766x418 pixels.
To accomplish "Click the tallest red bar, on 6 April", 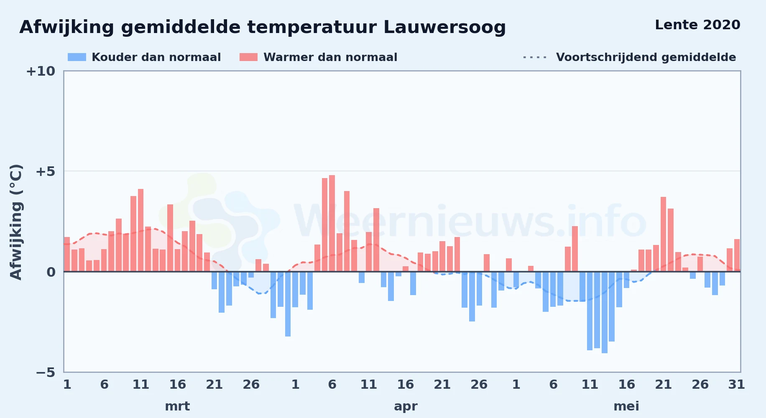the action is [x=332, y=223].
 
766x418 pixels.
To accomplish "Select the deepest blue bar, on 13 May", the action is [x=605, y=312].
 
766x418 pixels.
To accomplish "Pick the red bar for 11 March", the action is [x=140, y=230].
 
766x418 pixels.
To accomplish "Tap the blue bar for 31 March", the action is [x=288, y=304].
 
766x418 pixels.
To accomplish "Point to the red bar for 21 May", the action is [x=663, y=234].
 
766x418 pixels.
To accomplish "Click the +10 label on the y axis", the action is [x=41, y=71].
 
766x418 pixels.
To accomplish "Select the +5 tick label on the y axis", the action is [x=46, y=171].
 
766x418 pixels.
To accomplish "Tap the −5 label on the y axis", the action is [x=46, y=372].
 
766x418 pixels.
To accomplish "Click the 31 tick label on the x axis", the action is [x=736, y=384].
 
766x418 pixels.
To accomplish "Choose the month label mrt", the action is [x=177, y=406].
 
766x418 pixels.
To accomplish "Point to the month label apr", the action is [x=406, y=406].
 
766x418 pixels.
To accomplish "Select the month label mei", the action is [x=626, y=406].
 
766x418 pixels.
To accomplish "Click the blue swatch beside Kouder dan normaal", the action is [x=77, y=57].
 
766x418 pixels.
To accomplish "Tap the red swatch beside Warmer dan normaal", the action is [x=248, y=57].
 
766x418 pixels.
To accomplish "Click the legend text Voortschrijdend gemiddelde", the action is [x=646, y=57].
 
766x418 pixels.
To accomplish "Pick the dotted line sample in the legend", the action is [x=535, y=57].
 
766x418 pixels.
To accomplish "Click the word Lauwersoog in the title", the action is [x=444, y=28].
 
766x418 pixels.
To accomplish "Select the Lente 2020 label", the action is [x=697, y=25].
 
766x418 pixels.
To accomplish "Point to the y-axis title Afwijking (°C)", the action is [x=16, y=222].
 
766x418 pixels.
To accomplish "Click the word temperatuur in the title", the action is [x=312, y=28].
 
